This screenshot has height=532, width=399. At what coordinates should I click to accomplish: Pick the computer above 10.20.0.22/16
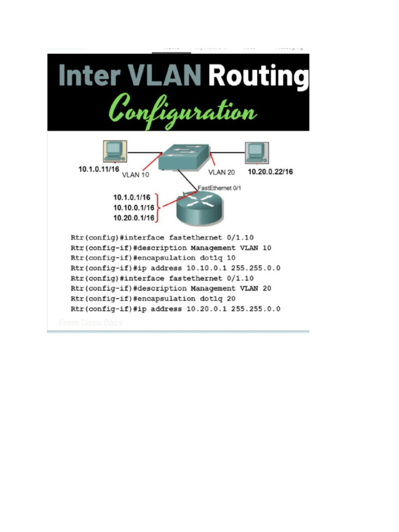click(x=256, y=152)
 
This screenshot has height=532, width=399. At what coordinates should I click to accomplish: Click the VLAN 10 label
click(x=135, y=175)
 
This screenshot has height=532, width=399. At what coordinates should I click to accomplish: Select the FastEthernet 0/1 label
click(x=219, y=188)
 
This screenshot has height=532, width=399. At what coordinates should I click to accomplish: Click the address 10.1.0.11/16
click(x=100, y=169)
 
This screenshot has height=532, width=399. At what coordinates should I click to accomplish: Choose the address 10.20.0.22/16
click(x=270, y=171)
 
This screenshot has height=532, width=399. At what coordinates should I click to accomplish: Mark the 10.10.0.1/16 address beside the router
click(x=134, y=207)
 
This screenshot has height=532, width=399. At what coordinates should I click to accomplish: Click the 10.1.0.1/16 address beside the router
click(x=131, y=197)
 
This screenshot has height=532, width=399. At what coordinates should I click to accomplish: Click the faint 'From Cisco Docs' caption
click(x=91, y=323)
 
